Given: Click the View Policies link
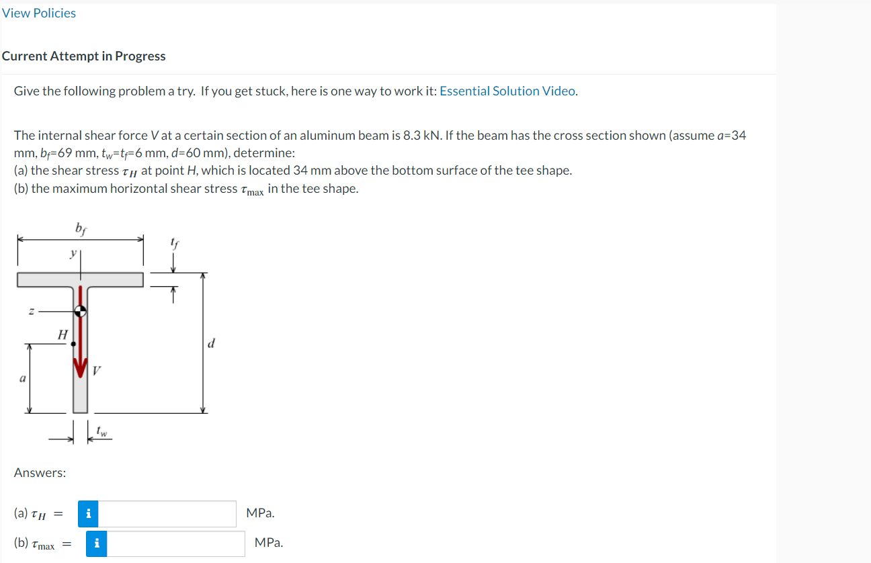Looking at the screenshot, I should pyautogui.click(x=39, y=13).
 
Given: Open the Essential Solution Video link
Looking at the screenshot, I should pyautogui.click(x=507, y=91).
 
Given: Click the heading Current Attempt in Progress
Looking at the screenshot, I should pyautogui.click(x=83, y=56).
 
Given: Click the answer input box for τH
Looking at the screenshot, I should pyautogui.click(x=168, y=514).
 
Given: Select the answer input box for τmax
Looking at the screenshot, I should pyautogui.click(x=176, y=544).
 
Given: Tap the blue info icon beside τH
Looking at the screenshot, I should pyautogui.click(x=88, y=514).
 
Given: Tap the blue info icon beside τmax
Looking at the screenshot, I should pyautogui.click(x=96, y=544).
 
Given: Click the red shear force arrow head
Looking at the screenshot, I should pyautogui.click(x=81, y=368).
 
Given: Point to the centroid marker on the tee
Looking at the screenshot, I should pyautogui.click(x=80, y=311).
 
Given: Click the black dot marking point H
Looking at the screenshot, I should pyautogui.click(x=73, y=343).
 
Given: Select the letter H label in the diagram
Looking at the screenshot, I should pyautogui.click(x=63, y=334).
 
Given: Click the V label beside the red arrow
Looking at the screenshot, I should pyautogui.click(x=97, y=370).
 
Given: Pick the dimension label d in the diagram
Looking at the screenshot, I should pyautogui.click(x=212, y=344).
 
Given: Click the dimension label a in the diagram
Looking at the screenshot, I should pyautogui.click(x=22, y=379).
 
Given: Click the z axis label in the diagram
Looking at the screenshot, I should pyautogui.click(x=31, y=311).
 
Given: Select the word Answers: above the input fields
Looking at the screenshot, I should pyautogui.click(x=40, y=473).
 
